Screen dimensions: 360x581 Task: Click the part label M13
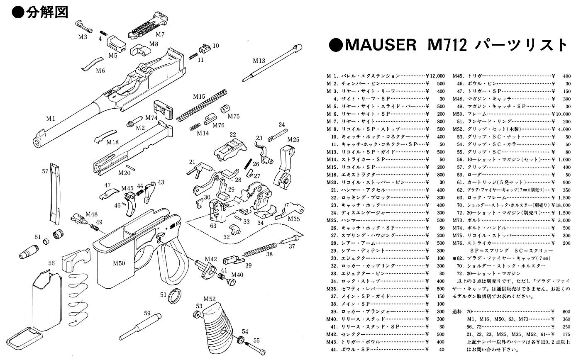pos(259,61)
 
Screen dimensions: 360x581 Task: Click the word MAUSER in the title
pos(379,45)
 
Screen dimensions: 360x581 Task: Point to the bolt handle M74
pos(162,107)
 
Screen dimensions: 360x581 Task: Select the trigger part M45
pos(129,203)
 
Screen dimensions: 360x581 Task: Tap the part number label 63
pos(213,226)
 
